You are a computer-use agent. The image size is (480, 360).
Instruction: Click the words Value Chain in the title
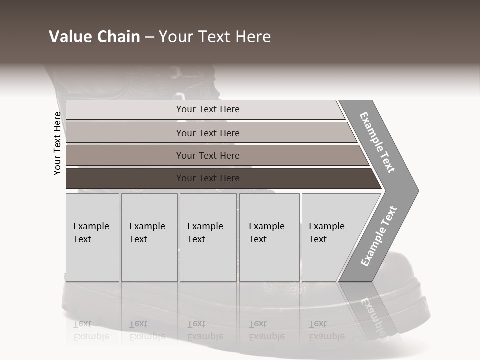94,37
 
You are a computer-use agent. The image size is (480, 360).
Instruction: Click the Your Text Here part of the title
215,37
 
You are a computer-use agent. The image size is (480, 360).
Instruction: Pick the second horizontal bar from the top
208,133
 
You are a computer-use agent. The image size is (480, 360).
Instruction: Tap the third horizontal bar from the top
208,155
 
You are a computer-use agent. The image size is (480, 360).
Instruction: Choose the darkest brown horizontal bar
208,178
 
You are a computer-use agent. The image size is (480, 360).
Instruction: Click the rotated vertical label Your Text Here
57,144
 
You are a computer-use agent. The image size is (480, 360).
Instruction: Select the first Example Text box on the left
92,237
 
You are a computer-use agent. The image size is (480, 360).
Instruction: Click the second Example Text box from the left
149,237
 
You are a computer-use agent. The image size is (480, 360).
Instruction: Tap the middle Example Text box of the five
208,237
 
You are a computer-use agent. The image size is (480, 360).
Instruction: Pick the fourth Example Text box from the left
269,237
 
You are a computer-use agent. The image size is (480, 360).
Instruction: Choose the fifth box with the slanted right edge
330,237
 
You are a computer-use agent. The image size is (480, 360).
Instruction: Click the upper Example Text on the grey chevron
377,142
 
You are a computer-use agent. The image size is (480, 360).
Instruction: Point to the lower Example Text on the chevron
378,236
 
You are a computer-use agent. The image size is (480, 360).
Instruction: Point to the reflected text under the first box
91,330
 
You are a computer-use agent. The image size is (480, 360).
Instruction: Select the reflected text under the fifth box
326,330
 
